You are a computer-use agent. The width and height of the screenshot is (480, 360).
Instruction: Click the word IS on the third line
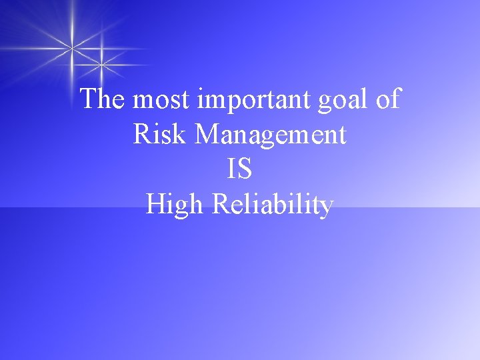[x=240, y=169]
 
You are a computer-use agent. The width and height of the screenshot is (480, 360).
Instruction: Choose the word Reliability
[x=273, y=205]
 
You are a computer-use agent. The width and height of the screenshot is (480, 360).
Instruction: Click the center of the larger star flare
[x=72, y=47]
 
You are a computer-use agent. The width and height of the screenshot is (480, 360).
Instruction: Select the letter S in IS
[x=245, y=169]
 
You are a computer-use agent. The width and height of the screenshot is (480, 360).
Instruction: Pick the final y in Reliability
[x=326, y=207]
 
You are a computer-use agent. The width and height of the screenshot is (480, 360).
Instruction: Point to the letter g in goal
[x=324, y=103]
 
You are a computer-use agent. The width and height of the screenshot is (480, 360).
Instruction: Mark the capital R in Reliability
[x=222, y=204]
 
